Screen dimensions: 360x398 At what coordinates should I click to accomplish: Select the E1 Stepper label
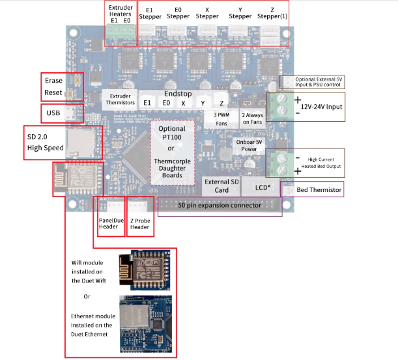[150, 13]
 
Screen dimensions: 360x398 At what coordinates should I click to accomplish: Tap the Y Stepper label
[240, 13]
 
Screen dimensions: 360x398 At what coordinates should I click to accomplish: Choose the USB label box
[53, 113]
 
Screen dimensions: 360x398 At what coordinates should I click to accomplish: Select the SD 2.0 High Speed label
[45, 143]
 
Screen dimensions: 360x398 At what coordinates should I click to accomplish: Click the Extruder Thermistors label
[120, 99]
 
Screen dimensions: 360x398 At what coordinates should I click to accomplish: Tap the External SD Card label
[221, 186]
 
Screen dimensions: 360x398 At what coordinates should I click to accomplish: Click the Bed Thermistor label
[319, 189]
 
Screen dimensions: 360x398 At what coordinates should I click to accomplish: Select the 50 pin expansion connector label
[220, 205]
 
